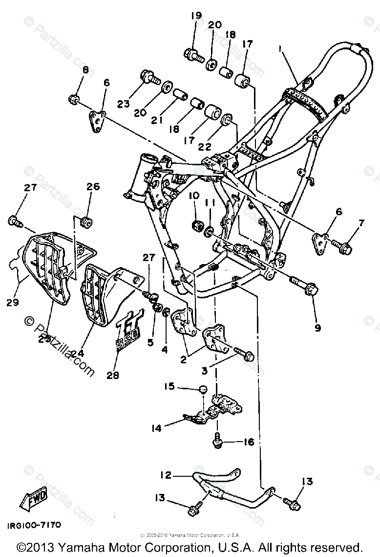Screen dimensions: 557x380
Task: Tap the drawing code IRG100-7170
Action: click(34, 525)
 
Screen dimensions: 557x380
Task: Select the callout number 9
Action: click(318, 328)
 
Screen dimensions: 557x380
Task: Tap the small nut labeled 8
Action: click(74, 100)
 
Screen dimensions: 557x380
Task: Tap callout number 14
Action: click(156, 428)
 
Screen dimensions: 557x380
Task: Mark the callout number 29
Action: click(13, 303)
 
